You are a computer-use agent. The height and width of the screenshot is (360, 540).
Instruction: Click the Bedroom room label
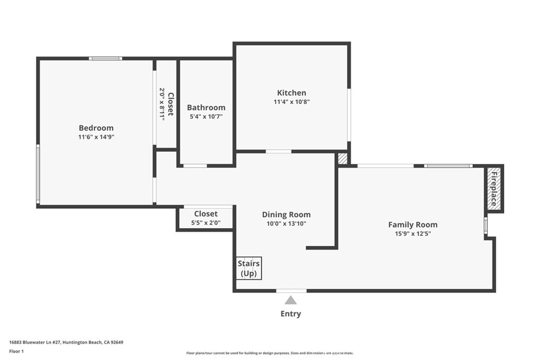(x=96, y=128)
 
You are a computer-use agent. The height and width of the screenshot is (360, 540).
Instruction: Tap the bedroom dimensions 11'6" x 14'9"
(x=96, y=137)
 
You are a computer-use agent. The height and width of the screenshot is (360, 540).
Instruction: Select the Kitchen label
(x=292, y=93)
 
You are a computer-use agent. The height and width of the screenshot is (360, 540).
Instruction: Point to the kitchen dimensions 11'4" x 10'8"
(x=292, y=102)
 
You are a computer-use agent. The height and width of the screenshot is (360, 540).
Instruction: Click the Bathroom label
(x=206, y=108)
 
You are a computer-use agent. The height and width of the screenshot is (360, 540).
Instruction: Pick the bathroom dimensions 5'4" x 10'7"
(x=206, y=116)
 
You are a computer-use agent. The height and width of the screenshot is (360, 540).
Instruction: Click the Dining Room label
(x=286, y=215)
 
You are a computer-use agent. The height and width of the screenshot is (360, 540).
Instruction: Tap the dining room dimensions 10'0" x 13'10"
(x=286, y=223)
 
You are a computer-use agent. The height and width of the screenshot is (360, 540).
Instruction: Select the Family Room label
(x=413, y=225)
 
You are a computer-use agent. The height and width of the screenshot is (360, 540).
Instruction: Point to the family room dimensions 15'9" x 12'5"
(x=413, y=233)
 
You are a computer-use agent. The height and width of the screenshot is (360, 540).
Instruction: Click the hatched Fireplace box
(x=494, y=189)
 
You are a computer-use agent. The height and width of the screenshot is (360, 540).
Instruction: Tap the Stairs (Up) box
(x=249, y=268)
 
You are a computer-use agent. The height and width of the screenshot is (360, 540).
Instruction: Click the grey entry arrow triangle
(x=291, y=300)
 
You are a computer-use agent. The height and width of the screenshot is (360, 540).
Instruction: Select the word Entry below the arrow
(x=291, y=314)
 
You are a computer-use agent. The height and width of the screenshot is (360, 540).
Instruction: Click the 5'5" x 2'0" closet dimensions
(x=206, y=223)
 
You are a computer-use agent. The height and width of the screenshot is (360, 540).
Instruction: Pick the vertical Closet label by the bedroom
(x=170, y=104)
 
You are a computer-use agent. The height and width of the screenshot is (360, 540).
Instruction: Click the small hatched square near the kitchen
(x=343, y=159)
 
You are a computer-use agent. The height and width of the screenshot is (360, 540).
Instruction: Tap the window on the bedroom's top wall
(x=105, y=59)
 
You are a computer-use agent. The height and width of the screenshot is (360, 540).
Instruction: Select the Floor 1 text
(x=18, y=351)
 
